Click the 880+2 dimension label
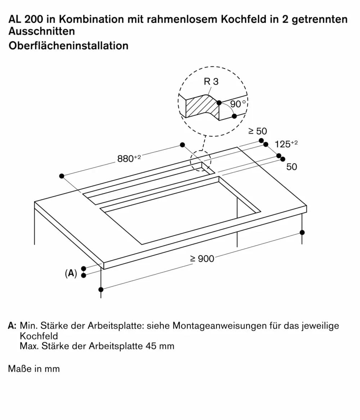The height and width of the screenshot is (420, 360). (129, 158)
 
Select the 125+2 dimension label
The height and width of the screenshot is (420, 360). (286, 144)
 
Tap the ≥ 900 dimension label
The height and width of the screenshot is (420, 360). (202, 258)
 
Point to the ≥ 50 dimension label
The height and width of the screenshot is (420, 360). (258, 131)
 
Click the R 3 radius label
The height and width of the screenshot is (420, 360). (211, 82)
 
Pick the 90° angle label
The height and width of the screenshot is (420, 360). (238, 104)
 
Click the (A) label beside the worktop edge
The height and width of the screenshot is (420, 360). (71, 273)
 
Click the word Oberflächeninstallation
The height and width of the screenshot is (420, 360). (68, 46)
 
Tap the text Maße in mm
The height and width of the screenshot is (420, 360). (34, 368)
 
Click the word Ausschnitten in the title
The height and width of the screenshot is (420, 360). (41, 31)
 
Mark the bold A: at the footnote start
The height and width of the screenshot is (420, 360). (12, 326)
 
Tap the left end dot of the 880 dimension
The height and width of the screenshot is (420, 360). (62, 176)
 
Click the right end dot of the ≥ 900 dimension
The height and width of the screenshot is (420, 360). (302, 232)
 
